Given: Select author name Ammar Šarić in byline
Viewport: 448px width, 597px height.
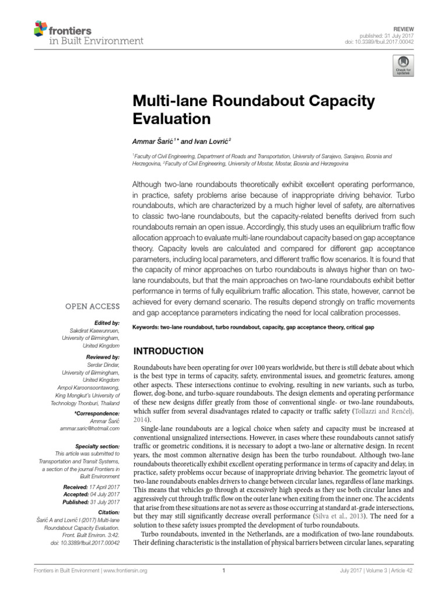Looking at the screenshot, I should (x=153, y=142).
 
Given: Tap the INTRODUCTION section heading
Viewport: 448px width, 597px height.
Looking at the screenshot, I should (x=169, y=351).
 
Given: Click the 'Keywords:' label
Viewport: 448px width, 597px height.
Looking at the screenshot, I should (x=148, y=328).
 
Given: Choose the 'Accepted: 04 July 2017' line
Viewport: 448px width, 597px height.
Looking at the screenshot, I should (x=92, y=494).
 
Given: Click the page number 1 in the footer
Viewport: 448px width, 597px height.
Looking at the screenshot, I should (x=224, y=571).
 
